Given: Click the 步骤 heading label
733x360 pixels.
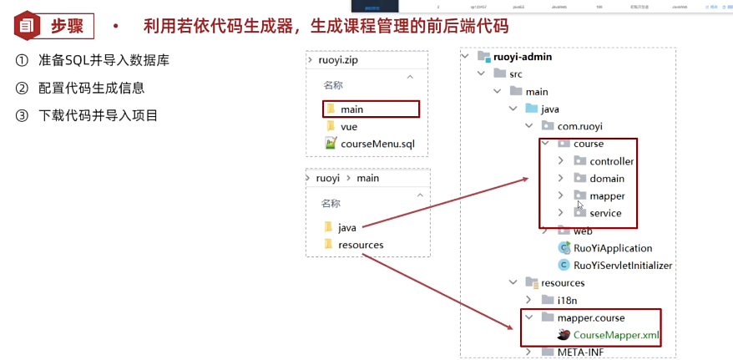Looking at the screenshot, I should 67,26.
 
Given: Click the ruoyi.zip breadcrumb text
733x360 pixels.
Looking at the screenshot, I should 339,61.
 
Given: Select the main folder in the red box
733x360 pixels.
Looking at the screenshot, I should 351,109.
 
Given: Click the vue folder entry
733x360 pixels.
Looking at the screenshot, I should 348,126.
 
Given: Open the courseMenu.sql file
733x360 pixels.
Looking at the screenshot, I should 377,144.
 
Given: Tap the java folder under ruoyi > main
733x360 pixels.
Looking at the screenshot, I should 347,227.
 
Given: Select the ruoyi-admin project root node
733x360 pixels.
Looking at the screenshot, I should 521,57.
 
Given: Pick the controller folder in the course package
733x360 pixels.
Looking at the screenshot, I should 611,161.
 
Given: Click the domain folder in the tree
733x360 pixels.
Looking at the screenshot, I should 607,179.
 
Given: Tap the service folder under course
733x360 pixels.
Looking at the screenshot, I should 605,213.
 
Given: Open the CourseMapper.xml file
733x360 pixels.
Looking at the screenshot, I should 616,335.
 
